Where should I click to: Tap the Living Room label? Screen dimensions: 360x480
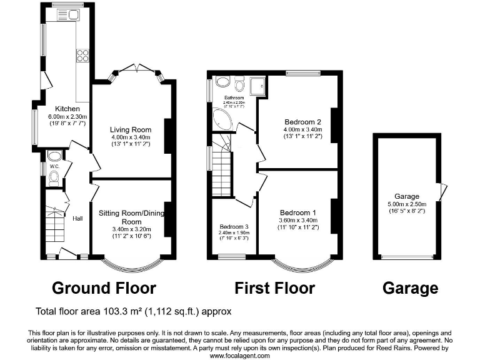[x=131, y=130]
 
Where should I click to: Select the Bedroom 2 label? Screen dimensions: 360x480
[x=302, y=121]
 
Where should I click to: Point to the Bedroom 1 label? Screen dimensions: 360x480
[x=297, y=212]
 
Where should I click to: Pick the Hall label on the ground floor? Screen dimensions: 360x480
[x=77, y=218]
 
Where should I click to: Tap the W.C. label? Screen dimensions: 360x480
[x=54, y=166]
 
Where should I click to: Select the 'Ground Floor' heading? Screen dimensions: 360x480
[x=104, y=288]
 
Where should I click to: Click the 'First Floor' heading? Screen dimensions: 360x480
[x=275, y=288]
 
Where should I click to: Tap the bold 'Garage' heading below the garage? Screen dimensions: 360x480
[x=411, y=288]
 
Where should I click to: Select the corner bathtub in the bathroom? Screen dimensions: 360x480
[x=222, y=120]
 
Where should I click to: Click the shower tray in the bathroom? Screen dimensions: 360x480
[x=256, y=86]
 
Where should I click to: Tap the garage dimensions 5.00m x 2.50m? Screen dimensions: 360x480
[x=406, y=204]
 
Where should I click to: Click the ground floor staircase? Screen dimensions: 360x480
[x=55, y=222]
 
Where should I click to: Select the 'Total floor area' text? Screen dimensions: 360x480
[x=134, y=311]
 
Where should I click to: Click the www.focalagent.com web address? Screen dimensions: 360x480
[x=239, y=355]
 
